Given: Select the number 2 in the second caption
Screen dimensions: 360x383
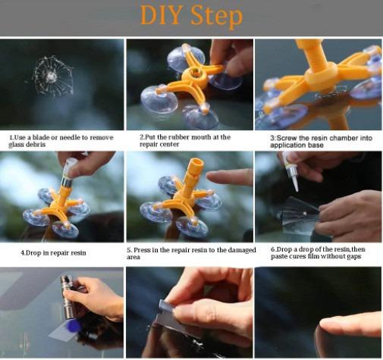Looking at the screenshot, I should (141, 137).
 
